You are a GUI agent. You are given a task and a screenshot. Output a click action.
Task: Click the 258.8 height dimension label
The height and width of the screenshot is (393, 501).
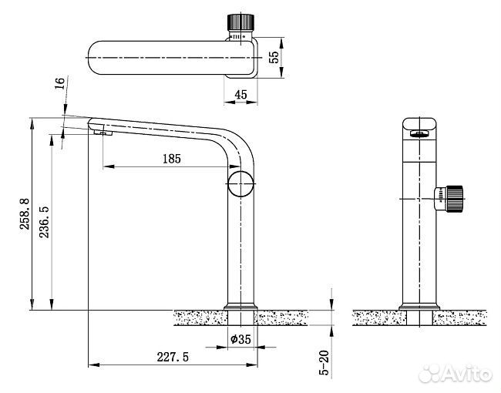25,213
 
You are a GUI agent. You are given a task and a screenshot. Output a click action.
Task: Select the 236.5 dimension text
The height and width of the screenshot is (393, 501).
44,222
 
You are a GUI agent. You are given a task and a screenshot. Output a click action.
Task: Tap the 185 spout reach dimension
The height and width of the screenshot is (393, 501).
172,159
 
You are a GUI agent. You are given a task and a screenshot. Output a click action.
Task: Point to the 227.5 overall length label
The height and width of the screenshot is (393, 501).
173,357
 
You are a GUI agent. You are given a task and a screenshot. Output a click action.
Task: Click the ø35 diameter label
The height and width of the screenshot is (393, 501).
240,339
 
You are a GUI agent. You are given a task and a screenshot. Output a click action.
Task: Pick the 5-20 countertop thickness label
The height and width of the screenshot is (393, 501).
324,362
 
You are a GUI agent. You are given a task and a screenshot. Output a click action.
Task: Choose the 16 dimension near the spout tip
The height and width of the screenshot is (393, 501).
60,83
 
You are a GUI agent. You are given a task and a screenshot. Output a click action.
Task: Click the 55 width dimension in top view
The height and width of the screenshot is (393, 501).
274,57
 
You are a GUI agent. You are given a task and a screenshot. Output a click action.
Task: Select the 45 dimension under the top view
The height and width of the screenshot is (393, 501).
240,94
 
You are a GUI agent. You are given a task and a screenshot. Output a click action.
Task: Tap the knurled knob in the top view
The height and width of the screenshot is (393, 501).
240,22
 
